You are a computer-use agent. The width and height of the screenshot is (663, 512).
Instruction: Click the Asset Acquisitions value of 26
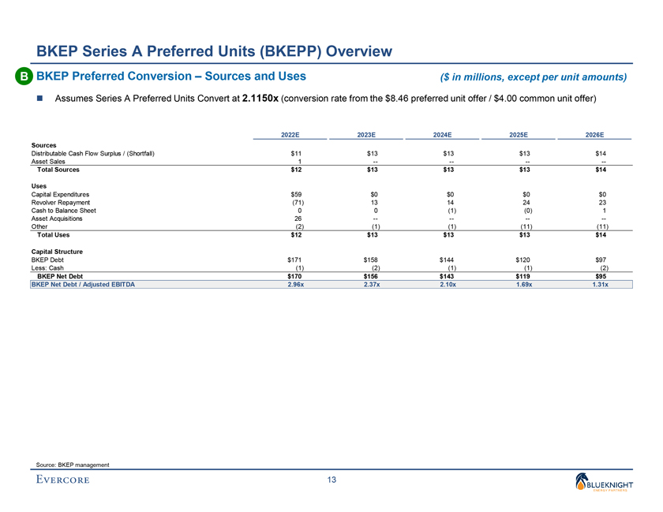coord(298,219)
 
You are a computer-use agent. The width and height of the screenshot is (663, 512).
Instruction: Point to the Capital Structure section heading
coord(57,251)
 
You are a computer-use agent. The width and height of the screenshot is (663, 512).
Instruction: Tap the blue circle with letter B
coord(24,77)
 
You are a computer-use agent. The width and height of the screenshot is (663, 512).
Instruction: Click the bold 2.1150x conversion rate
coord(256,98)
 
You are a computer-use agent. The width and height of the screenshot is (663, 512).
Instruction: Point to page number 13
coord(331,481)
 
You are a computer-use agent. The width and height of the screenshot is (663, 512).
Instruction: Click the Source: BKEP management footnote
coord(71,465)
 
